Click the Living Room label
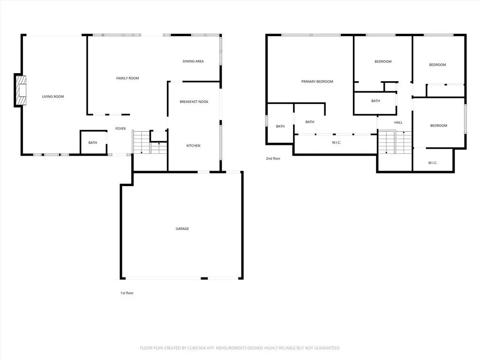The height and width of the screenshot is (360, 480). [x=53, y=97]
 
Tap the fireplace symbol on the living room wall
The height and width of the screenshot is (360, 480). [x=21, y=90]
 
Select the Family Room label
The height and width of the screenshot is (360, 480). [x=127, y=78]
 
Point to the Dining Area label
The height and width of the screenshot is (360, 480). [x=193, y=61]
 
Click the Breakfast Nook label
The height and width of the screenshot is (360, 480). [x=194, y=102]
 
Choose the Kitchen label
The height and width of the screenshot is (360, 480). [x=194, y=146]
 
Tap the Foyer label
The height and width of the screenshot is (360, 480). [x=120, y=128]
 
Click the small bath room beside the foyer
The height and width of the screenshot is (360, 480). [x=93, y=142]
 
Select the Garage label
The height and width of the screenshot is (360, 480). [x=182, y=229]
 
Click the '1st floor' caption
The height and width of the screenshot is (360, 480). [x=127, y=293]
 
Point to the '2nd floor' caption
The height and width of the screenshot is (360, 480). [x=273, y=158]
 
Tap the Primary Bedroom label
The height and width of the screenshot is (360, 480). [x=317, y=82]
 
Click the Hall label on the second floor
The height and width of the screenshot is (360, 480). [x=398, y=122]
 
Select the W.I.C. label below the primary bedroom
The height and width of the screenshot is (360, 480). [x=337, y=142]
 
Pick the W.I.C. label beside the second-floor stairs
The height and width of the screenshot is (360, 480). [x=433, y=163]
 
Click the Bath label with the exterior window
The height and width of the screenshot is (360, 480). [x=280, y=126]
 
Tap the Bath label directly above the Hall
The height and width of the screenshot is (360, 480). [x=375, y=101]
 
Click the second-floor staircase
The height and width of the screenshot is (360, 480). [x=395, y=142]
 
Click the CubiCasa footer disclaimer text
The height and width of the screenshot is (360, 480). [x=240, y=348]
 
